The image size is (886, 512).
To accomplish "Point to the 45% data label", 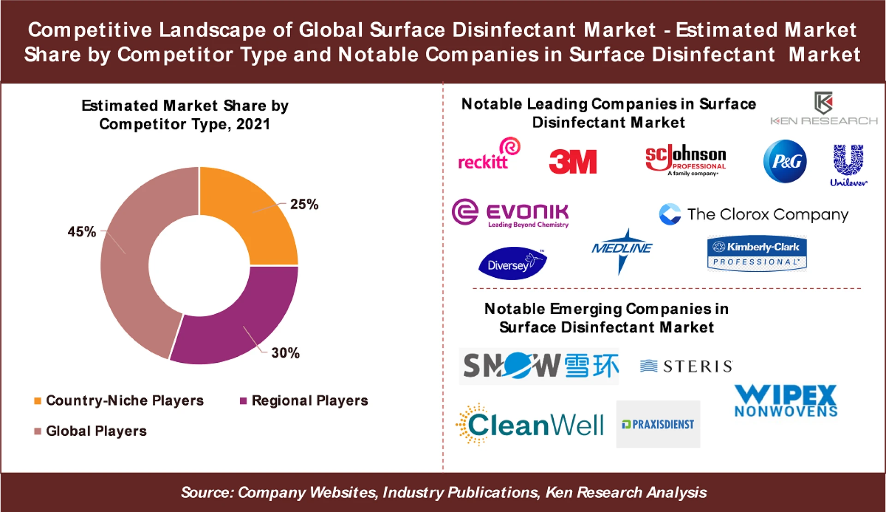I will pos(82,232).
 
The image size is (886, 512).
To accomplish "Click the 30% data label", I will pos(285,353).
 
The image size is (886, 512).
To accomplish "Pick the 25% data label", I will pos(304,204).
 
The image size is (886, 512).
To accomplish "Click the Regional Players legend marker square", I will pos(243,401).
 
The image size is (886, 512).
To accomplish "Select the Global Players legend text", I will pos(96,431).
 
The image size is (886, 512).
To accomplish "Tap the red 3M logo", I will pos(573,162).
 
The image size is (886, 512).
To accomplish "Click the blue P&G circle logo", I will pos(785,161).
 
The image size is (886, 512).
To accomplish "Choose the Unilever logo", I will pos(848,165).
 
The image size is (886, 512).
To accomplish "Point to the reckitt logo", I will pos(488,155).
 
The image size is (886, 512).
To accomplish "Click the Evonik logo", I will pos(510,213).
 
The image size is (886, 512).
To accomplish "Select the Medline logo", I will pos(622,250).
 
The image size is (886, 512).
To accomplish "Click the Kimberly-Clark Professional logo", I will pos(757,253).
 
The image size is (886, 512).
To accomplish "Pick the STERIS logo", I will pos(686,366).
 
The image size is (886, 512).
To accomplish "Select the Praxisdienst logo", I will pos(658,424).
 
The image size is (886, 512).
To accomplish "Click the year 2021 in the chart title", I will pos(253,124).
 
